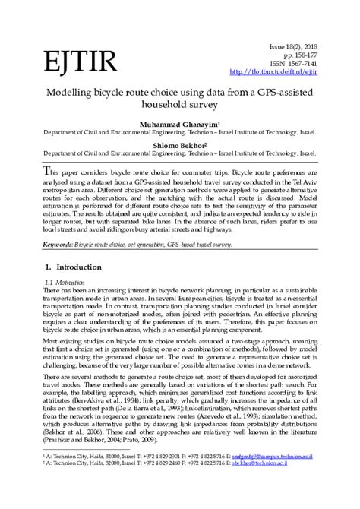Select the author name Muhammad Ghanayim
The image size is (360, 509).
[178, 123]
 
